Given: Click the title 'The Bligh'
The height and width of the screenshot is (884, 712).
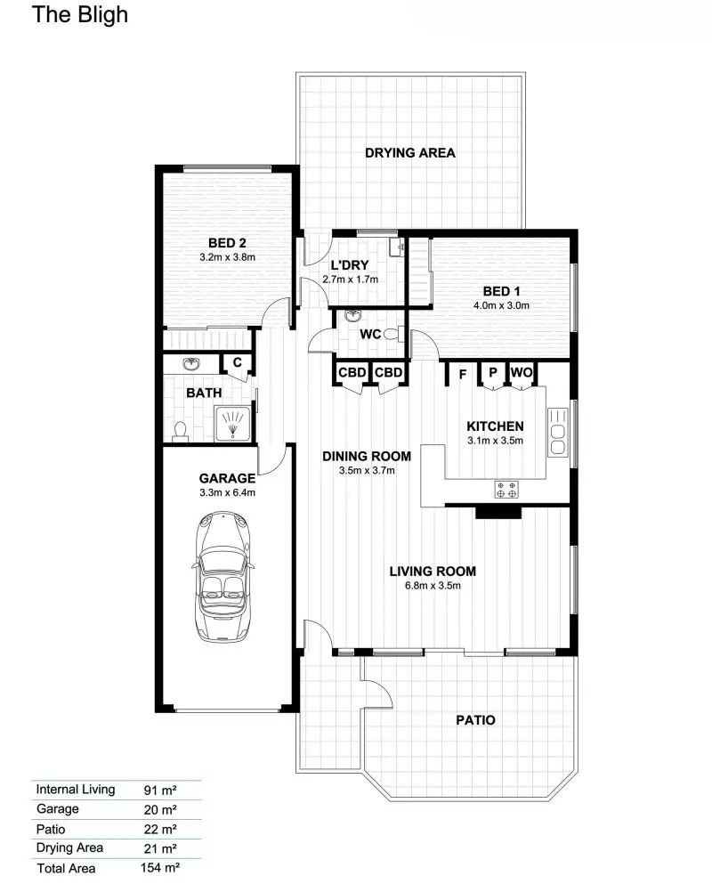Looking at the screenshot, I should (80, 15).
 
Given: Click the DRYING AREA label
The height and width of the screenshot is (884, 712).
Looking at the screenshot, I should (410, 152).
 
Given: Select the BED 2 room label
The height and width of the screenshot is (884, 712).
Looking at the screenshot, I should (227, 243).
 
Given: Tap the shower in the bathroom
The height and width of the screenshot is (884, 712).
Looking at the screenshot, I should (232, 423).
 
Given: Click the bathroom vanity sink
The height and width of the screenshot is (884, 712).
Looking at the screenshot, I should (190, 365).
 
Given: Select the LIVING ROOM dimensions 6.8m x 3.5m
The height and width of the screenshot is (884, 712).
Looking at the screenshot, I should (433, 586).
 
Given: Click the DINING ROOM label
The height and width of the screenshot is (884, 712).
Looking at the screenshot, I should (358, 456).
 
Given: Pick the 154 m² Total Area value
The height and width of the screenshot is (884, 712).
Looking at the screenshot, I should (162, 868).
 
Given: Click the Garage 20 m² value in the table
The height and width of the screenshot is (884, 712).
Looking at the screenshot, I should (160, 809).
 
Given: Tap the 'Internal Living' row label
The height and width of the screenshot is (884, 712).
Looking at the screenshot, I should (76, 789).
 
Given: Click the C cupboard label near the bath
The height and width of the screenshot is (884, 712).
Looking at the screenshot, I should (237, 362).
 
